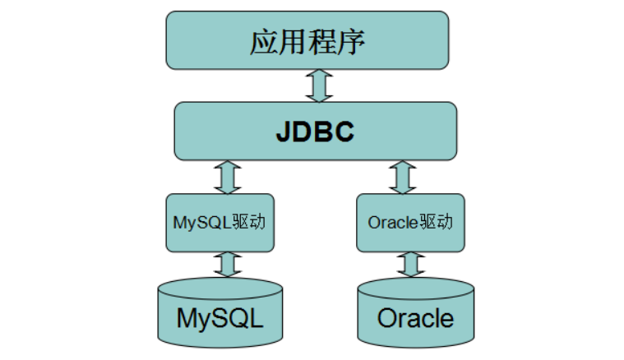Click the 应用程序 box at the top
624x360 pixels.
(x=307, y=40)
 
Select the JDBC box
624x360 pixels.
(x=315, y=131)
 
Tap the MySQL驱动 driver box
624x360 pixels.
(x=219, y=223)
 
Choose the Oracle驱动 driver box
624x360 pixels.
(x=410, y=223)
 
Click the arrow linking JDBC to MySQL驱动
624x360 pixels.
(x=227, y=177)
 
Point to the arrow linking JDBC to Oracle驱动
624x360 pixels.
(x=403, y=177)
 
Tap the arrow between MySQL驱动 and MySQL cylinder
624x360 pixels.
(x=227, y=264)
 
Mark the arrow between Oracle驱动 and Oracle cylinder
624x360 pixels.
(x=410, y=264)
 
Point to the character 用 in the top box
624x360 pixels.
(x=293, y=42)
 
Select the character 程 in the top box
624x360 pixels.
(x=321, y=42)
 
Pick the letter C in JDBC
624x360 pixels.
(x=345, y=132)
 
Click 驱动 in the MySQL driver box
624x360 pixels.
(x=249, y=223)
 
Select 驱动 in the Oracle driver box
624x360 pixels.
(x=437, y=223)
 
